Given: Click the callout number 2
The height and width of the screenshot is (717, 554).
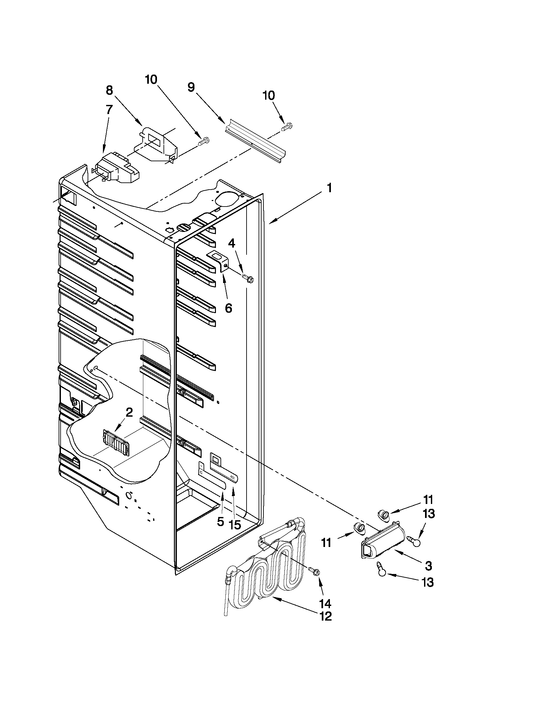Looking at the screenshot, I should click(x=129, y=412).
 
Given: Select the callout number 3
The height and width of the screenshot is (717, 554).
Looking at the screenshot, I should click(x=428, y=566).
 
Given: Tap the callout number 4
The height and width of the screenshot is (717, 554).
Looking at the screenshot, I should click(x=232, y=243).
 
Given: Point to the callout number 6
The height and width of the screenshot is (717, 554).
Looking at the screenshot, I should click(x=228, y=308).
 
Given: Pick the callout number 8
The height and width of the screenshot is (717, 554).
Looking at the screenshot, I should click(x=109, y=90).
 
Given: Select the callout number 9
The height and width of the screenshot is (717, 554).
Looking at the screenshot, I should click(x=191, y=87).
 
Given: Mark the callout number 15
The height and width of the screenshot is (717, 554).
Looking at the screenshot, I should click(x=235, y=524).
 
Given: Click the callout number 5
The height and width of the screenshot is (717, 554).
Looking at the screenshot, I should click(x=220, y=521).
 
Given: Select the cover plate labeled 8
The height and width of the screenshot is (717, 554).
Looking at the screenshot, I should click(x=157, y=144).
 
